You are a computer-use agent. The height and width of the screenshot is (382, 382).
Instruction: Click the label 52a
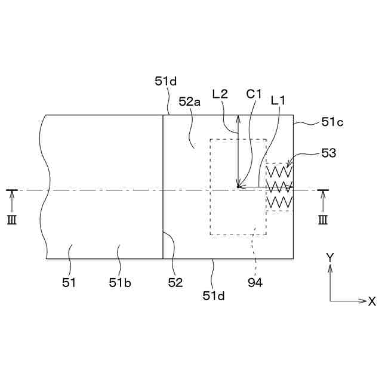[189, 102]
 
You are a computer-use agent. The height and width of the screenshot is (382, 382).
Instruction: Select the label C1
[254, 94]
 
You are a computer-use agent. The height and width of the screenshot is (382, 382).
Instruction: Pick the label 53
[329, 153]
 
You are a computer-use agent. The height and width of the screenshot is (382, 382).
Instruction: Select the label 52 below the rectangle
[175, 282]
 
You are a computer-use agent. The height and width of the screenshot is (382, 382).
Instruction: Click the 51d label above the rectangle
[166, 82]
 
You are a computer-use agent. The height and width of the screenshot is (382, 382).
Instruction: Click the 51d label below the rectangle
[213, 294]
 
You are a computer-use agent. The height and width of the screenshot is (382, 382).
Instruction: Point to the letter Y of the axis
[329, 257]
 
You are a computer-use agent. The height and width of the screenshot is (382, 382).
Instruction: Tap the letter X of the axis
[372, 301]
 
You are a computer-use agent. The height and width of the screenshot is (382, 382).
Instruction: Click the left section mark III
[12, 220]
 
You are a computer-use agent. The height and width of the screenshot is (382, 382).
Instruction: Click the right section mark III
[322, 220]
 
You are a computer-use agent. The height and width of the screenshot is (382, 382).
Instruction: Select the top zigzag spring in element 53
[279, 171]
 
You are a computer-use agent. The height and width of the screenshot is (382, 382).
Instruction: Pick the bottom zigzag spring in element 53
[279, 204]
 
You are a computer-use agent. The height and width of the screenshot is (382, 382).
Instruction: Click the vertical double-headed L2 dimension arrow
[238, 152]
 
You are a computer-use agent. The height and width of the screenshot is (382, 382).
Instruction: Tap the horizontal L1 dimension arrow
[265, 187]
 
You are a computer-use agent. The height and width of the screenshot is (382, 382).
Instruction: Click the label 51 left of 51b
[69, 282]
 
